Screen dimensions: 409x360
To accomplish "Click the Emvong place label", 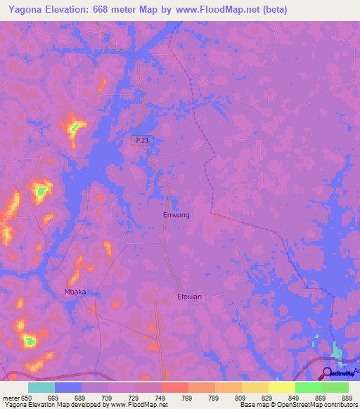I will point(176,215).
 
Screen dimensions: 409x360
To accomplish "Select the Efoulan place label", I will point(188,297).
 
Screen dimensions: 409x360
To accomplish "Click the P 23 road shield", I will point(141,141).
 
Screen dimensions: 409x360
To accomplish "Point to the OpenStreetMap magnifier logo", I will point(328,373).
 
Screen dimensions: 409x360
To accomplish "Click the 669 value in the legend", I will point(54,398).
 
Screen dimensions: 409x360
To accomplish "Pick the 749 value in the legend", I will point(161,398).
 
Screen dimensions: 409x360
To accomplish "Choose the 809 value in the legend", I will point(241,398).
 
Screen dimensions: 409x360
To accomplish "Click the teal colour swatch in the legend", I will point(41,387).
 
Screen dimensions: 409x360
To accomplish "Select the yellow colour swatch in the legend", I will point(281,387).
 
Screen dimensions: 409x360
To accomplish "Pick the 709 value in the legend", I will point(108,398).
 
